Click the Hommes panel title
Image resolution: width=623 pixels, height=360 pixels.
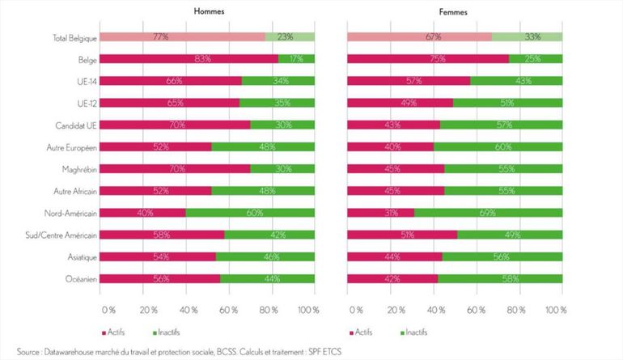click(208, 11)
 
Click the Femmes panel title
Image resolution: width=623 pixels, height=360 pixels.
click(455, 11)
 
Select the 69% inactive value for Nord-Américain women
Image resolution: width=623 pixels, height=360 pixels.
click(487, 213)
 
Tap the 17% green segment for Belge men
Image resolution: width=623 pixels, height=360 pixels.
click(296, 59)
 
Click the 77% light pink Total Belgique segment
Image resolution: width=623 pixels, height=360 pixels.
click(184, 37)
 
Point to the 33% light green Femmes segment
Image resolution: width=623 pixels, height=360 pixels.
click(527, 37)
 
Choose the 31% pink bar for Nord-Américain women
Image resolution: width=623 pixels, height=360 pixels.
click(380, 213)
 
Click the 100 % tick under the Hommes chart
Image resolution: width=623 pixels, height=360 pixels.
click(307, 311)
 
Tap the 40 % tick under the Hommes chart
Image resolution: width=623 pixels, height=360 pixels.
click(189, 311)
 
